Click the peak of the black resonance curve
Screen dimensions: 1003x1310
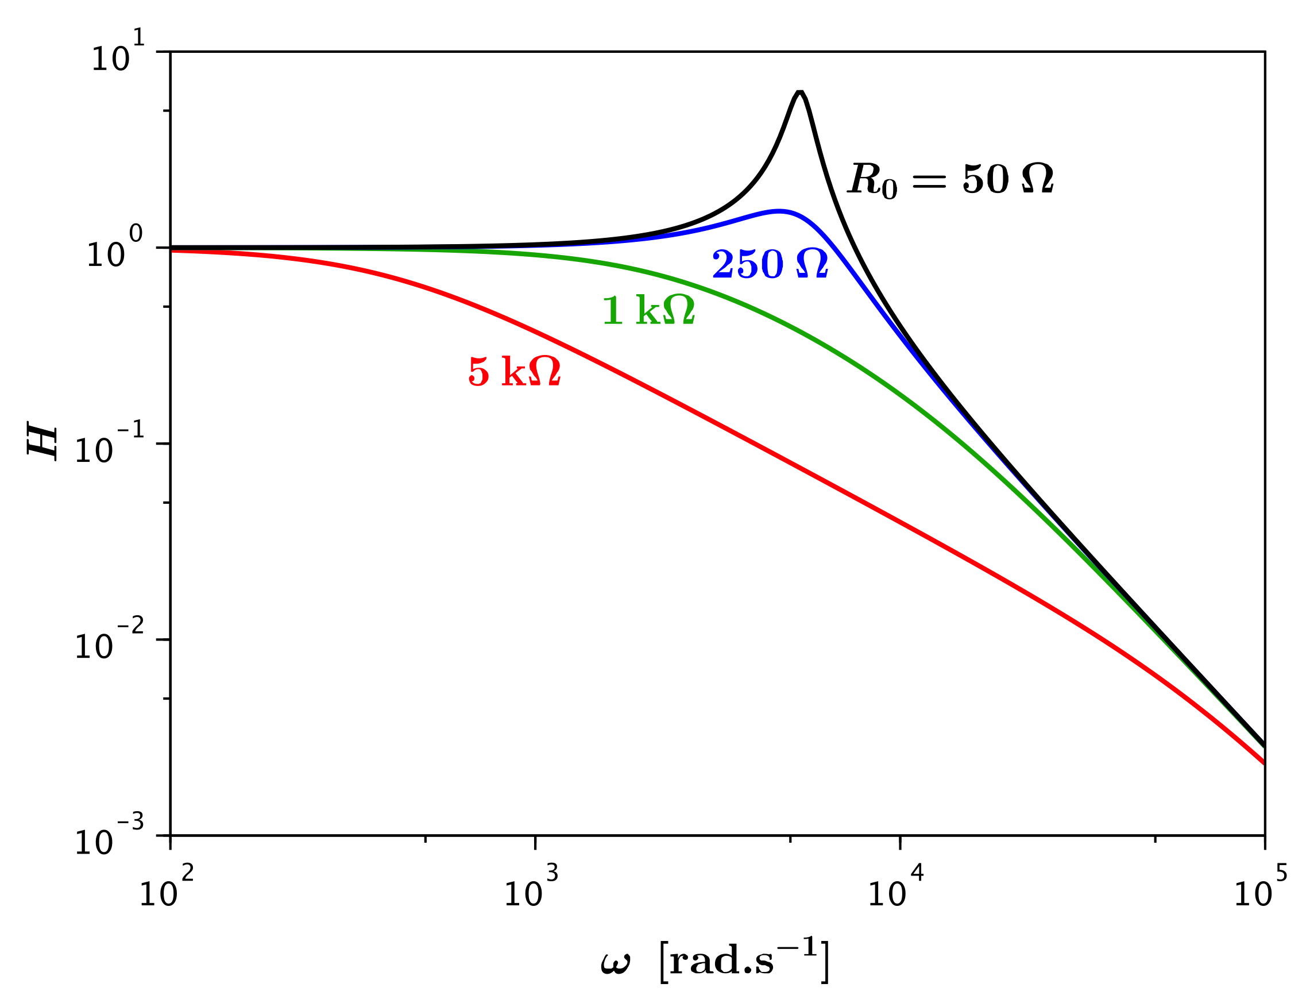pos(801,92)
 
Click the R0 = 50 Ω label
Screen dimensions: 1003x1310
pos(950,179)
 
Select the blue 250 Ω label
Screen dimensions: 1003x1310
pos(770,264)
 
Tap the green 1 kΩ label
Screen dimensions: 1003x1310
pos(649,311)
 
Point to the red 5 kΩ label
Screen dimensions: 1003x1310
pos(515,372)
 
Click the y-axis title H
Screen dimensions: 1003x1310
pos(43,442)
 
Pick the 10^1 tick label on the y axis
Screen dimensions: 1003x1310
pos(118,57)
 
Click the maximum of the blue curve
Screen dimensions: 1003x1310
pos(779,211)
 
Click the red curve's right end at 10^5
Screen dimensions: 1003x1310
pos(1263,762)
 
